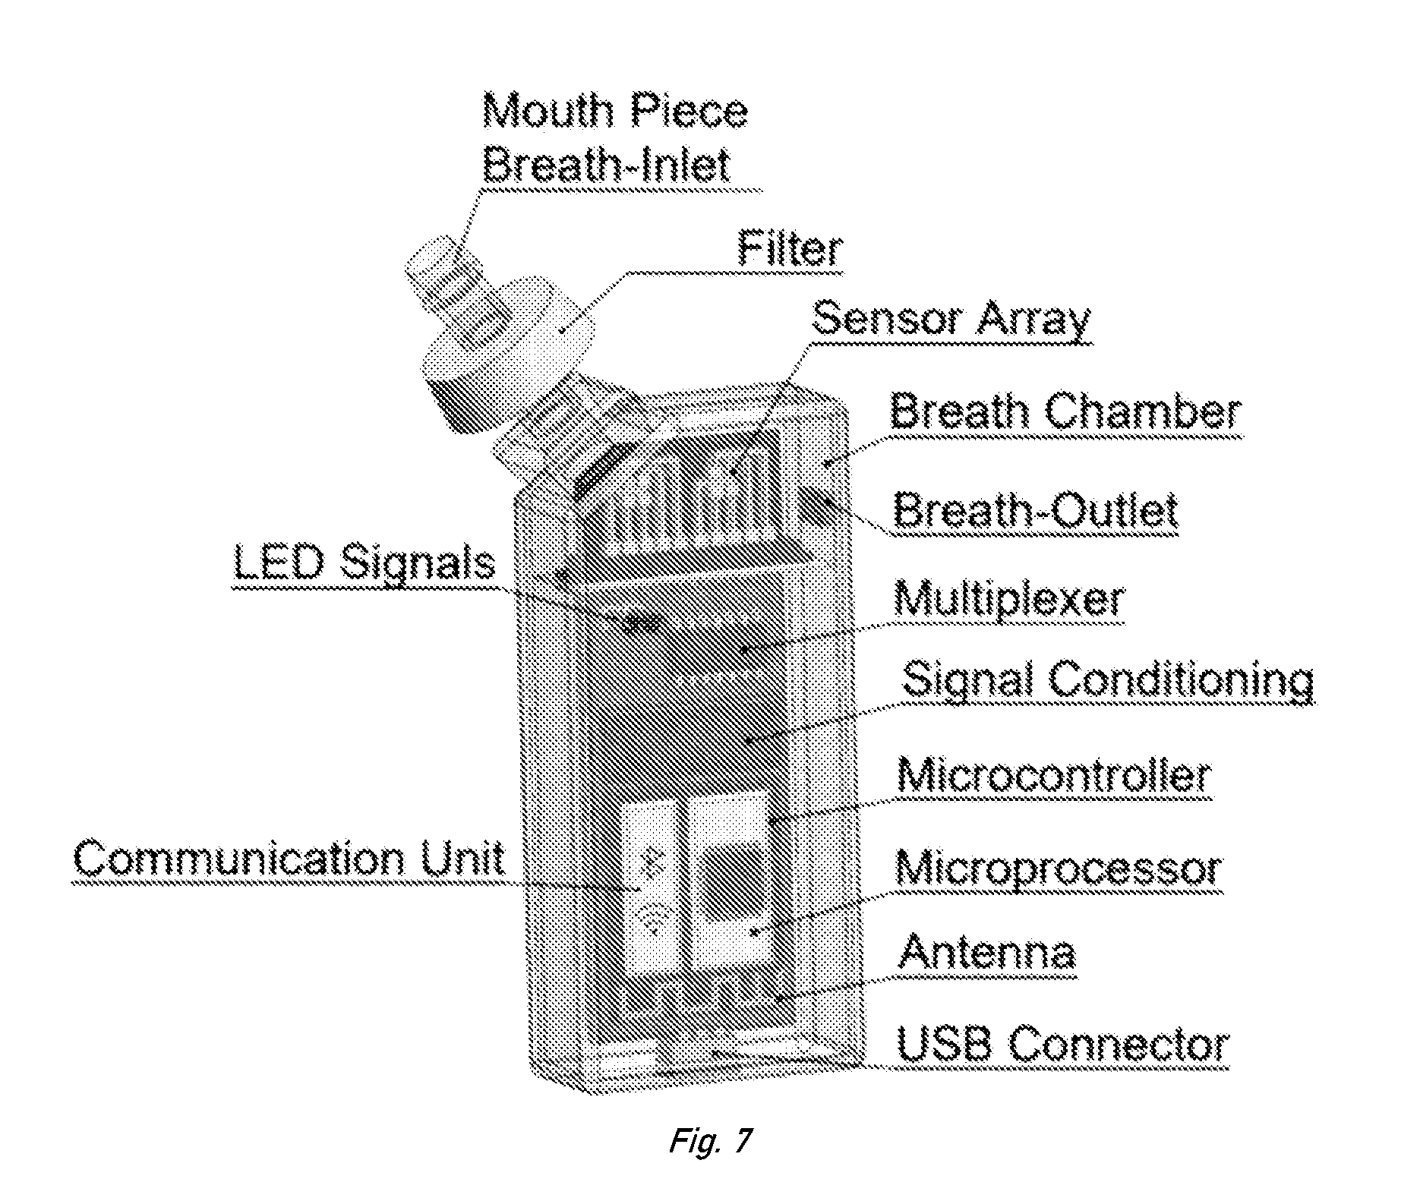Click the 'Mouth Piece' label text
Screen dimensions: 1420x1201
pyautogui.click(x=615, y=112)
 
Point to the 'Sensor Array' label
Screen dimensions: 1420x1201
pyautogui.click(x=951, y=320)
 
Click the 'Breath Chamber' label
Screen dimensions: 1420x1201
pyautogui.click(x=1066, y=413)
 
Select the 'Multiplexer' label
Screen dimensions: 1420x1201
pyautogui.click(x=1009, y=600)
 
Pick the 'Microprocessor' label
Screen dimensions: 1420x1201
pyautogui.click(x=1059, y=868)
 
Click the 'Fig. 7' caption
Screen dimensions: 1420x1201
pyautogui.click(x=710, y=1140)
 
